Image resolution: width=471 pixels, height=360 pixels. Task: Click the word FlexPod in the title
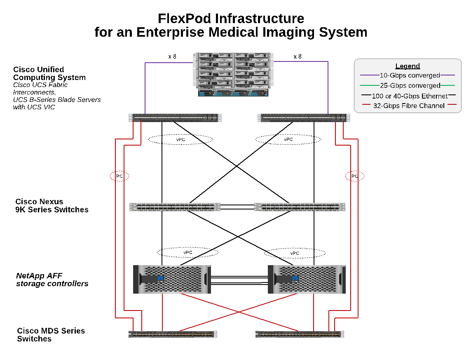point(185,19)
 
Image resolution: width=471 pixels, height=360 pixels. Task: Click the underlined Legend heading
point(408,66)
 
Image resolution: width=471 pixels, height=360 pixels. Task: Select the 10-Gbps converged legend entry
point(410,75)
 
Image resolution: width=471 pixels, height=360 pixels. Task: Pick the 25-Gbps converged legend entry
point(410,86)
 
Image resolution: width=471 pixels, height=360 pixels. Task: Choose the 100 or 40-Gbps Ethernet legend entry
point(410,96)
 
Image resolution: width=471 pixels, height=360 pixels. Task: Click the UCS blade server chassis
point(233,75)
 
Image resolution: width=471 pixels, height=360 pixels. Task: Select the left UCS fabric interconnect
point(175,118)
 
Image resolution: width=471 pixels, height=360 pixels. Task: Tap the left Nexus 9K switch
point(175,207)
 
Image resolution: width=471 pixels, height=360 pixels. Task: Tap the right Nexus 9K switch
point(300,207)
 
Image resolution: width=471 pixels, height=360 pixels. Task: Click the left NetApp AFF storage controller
point(172,279)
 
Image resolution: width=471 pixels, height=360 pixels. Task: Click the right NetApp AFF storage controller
point(307,279)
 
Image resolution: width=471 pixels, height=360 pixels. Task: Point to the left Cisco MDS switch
point(173,334)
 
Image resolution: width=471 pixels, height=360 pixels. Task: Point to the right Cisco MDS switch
point(300,334)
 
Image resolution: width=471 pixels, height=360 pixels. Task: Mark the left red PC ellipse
point(120,176)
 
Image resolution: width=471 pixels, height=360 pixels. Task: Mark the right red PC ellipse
point(354,176)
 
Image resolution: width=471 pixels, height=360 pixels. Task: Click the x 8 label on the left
point(172,56)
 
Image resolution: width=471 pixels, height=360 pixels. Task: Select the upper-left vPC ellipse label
point(180,139)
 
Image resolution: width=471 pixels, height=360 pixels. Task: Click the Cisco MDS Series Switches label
point(51,335)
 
